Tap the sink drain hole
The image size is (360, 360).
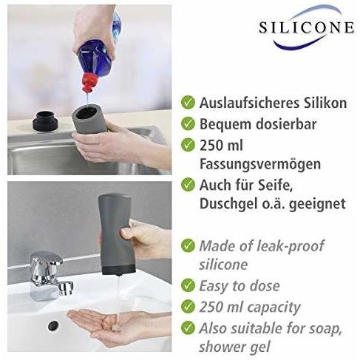53,325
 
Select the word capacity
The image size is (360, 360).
276,307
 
